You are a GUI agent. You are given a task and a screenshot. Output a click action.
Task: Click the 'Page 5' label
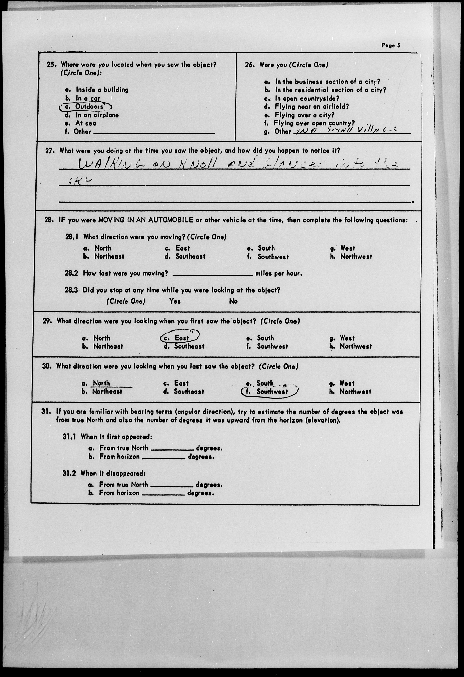pos(391,45)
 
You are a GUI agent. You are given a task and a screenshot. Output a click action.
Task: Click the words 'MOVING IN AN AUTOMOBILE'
pos(145,220)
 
